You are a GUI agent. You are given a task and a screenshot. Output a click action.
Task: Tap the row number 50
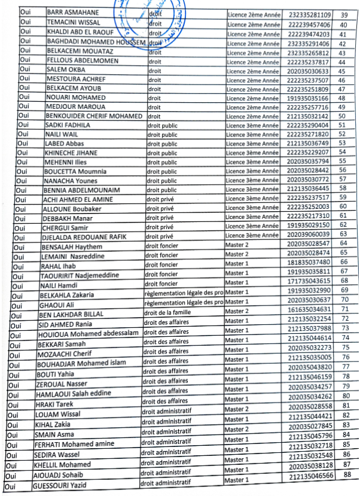tap(342, 116)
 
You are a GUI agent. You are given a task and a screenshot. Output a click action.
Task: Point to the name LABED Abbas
tap(63, 144)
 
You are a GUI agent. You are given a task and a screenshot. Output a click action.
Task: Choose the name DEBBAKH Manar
tap(63, 218)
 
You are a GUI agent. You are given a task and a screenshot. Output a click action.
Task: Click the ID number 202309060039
tap(308, 234)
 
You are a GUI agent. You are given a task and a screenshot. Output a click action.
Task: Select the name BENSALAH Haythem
tap(69, 247)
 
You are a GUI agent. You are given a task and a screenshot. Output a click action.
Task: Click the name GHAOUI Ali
tap(56, 304)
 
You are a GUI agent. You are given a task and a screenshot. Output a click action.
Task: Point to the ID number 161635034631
tap(309, 309)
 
